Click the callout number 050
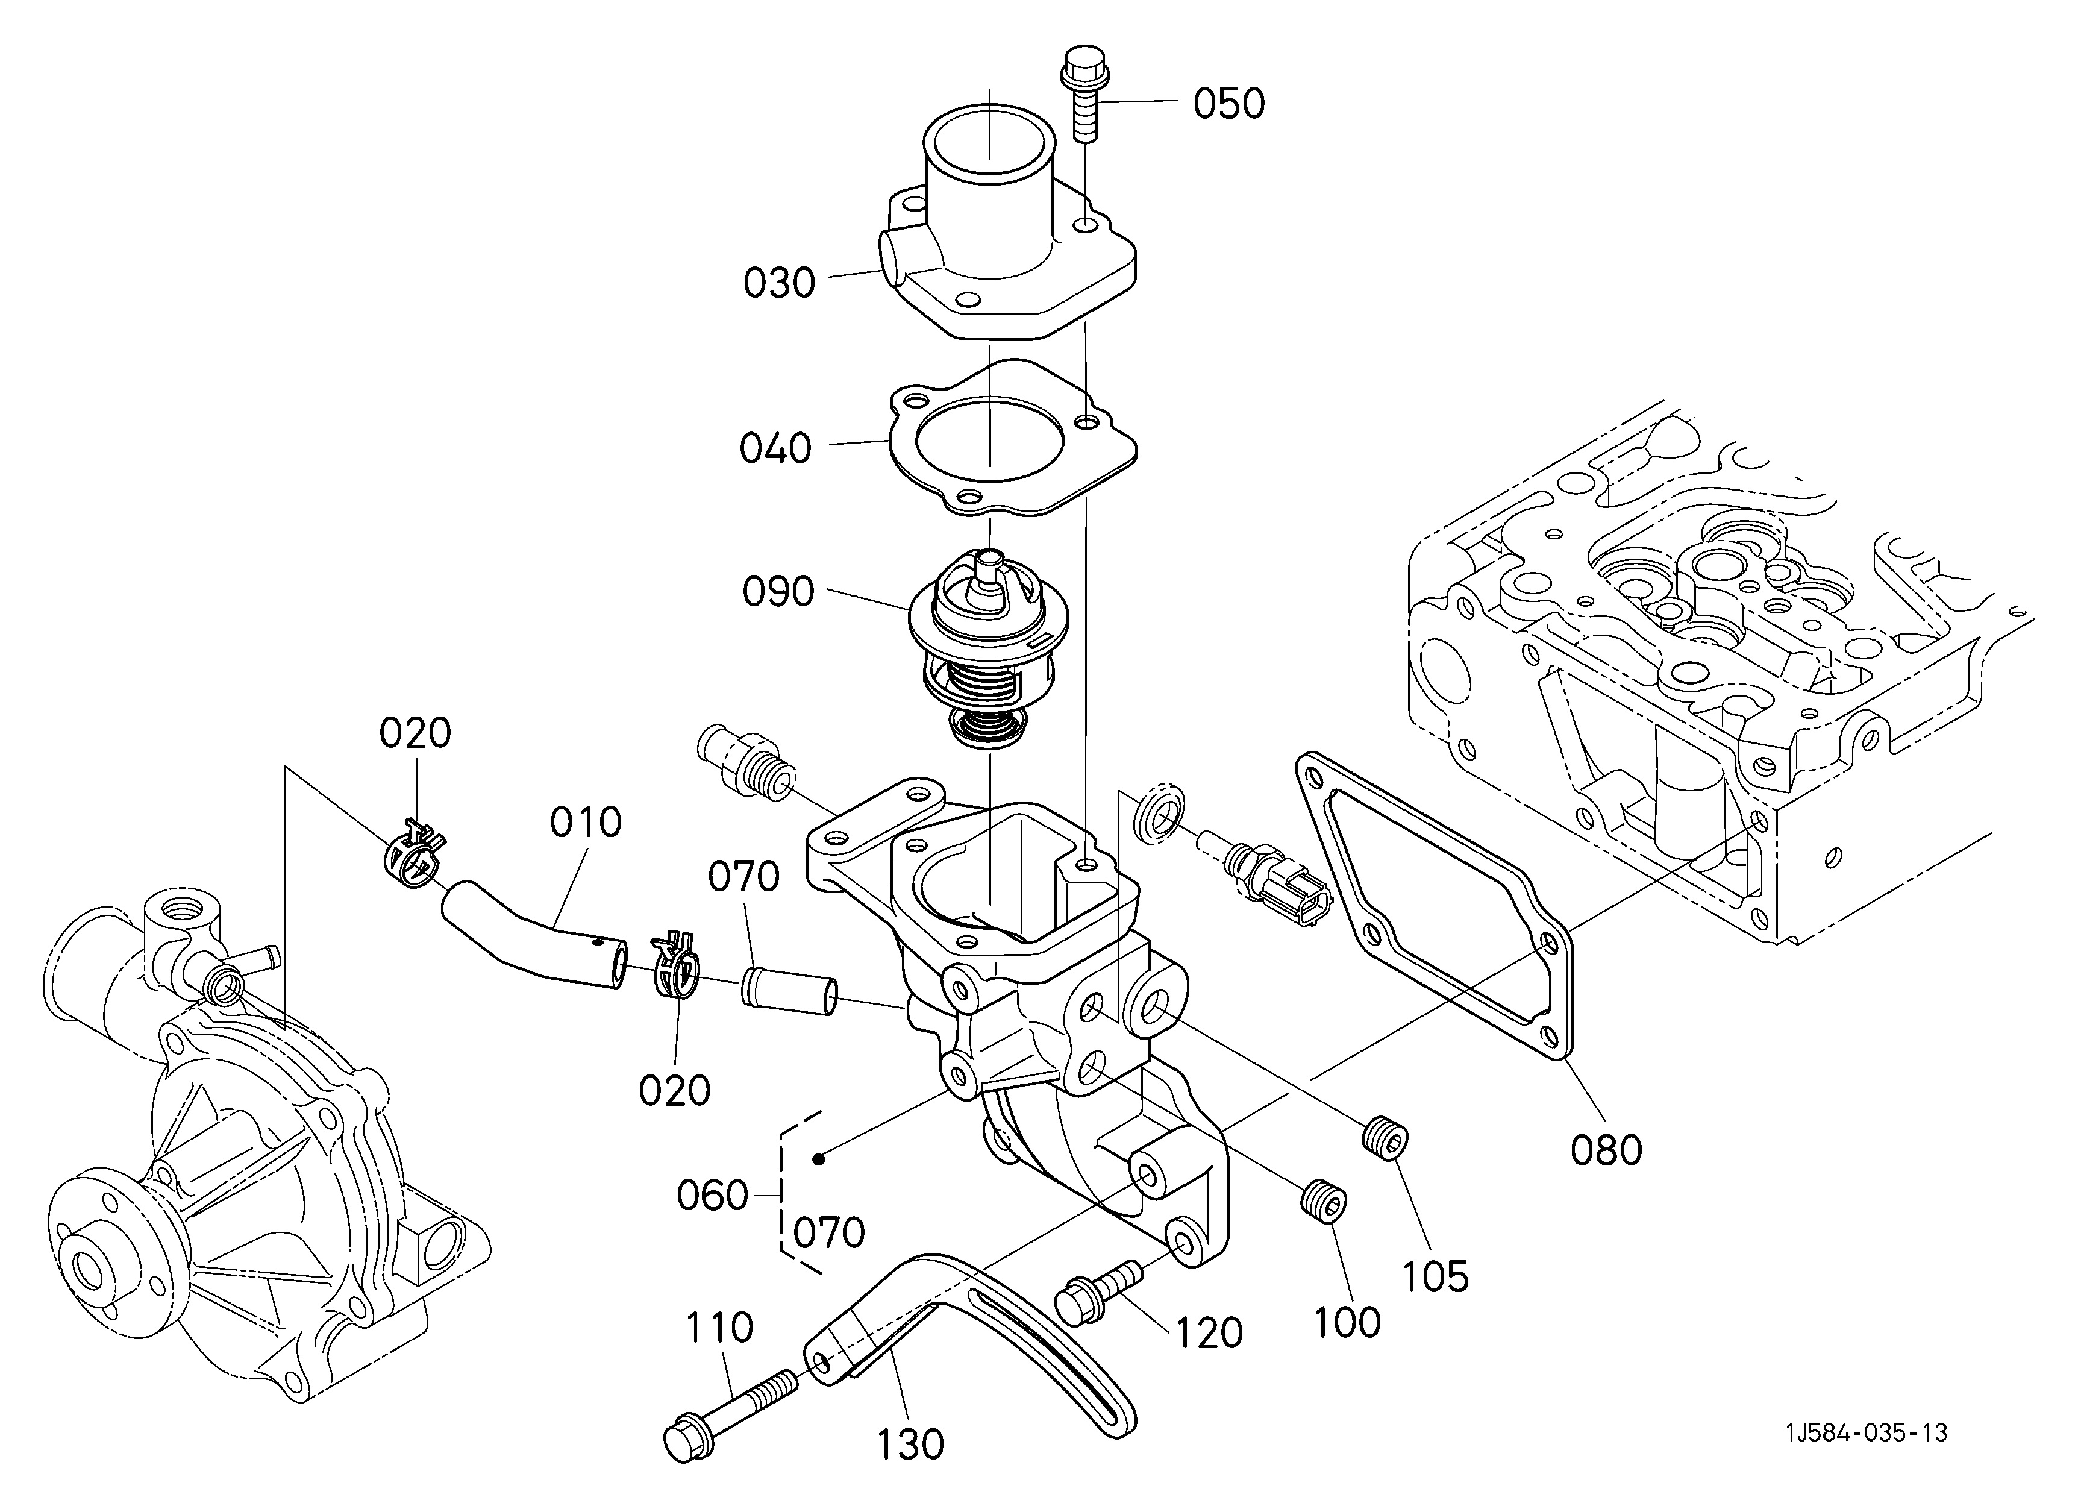(x=1228, y=104)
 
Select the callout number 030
(x=779, y=283)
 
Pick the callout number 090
(x=778, y=592)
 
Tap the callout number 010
(x=586, y=823)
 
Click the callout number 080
(x=1606, y=1151)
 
